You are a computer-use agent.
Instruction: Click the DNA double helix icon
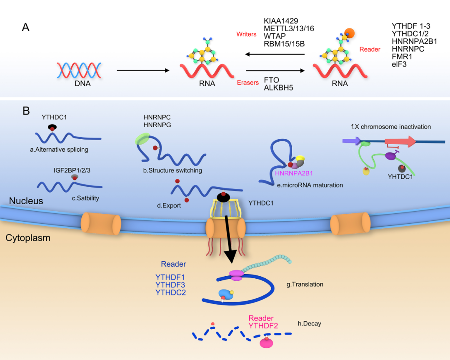(x=79, y=70)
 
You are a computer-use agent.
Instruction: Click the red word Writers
(x=246, y=34)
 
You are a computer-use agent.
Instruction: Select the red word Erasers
(x=247, y=82)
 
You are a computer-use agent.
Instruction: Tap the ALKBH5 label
(x=278, y=87)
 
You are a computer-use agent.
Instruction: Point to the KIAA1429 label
(x=281, y=21)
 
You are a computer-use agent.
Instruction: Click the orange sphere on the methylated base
(x=349, y=33)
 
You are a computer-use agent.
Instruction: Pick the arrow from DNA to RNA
(x=143, y=70)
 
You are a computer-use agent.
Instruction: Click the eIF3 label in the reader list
(x=399, y=64)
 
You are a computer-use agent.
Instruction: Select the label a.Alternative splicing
(x=59, y=150)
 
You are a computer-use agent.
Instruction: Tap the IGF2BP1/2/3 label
(x=72, y=170)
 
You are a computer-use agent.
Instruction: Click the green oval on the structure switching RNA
(x=142, y=139)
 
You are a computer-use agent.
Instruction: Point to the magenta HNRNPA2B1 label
(x=294, y=173)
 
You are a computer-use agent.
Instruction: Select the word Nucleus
(x=26, y=201)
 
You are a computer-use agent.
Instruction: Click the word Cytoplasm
(x=28, y=238)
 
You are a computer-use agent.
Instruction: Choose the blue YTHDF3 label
(x=170, y=285)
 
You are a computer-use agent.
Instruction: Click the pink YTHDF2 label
(x=263, y=326)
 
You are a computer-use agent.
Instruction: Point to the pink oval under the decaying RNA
(x=266, y=343)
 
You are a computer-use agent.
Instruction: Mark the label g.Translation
(x=305, y=284)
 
